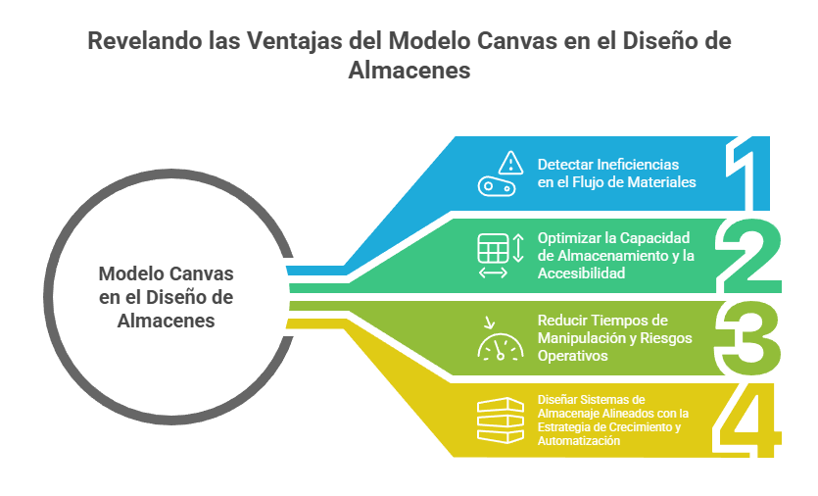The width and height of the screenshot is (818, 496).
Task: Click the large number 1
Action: click(x=752, y=173)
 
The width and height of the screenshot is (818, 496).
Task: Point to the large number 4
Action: click(x=750, y=420)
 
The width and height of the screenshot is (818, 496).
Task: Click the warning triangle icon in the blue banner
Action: click(x=509, y=162)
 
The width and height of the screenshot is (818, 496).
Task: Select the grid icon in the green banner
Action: click(x=492, y=248)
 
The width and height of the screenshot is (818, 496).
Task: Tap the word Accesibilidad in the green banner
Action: click(x=582, y=273)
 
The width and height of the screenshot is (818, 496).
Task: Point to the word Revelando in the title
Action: click(x=131, y=42)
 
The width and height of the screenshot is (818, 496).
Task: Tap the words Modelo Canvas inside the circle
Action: click(x=167, y=273)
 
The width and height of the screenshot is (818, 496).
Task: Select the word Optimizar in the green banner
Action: click(x=567, y=238)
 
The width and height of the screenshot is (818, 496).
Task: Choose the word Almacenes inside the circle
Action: click(x=167, y=320)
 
